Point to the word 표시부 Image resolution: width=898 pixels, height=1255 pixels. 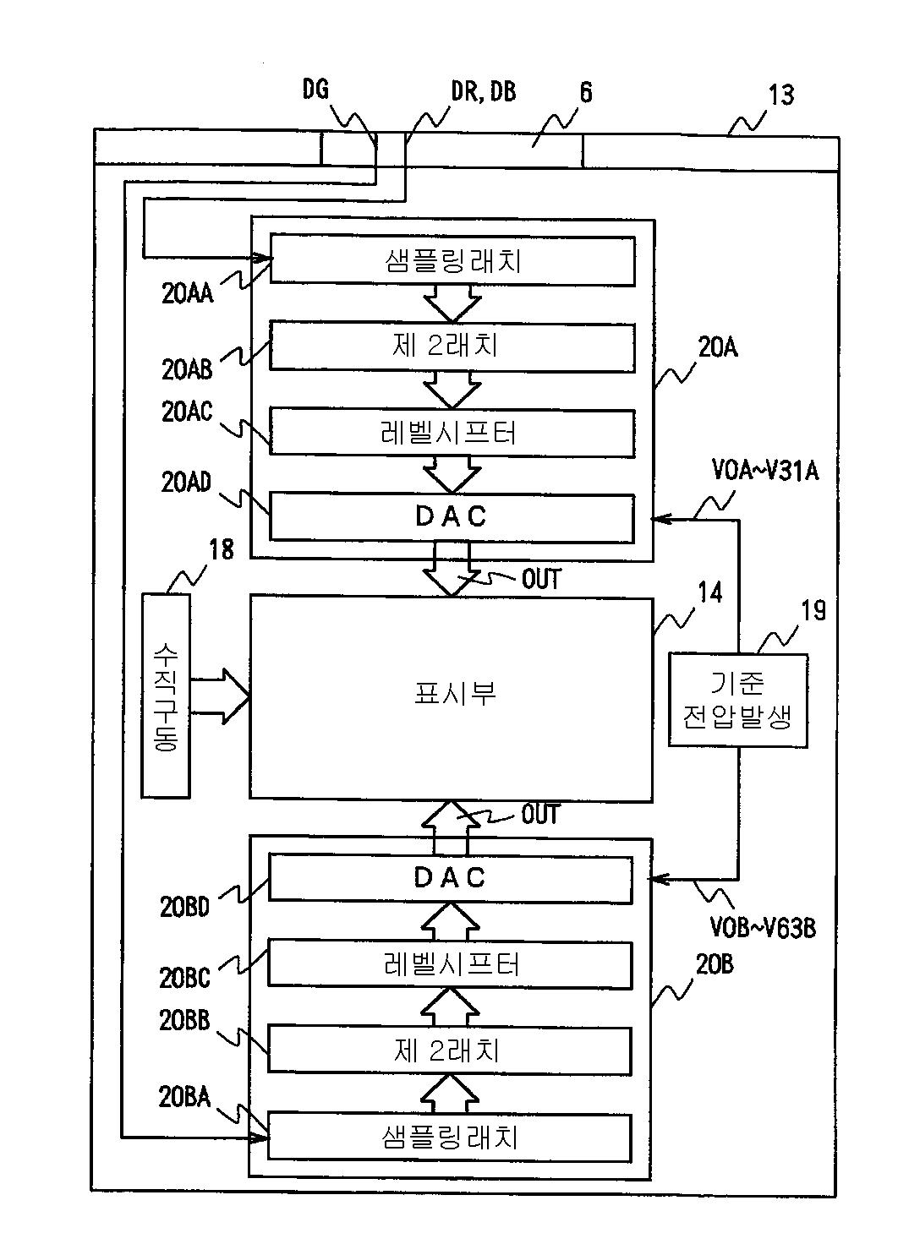[x=455, y=693]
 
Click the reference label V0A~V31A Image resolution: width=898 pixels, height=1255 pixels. [x=764, y=471]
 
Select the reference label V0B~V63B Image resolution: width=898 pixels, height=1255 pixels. [x=763, y=929]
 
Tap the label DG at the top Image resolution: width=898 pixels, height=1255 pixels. [x=315, y=89]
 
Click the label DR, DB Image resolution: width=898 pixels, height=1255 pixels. [x=483, y=91]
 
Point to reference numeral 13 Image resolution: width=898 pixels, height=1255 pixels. [x=780, y=95]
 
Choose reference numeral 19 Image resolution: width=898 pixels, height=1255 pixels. [x=813, y=610]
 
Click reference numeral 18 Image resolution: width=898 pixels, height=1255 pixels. [x=222, y=549]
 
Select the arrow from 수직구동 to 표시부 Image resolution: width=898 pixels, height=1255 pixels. [x=220, y=696]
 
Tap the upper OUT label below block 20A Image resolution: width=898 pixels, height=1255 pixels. [x=541, y=579]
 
